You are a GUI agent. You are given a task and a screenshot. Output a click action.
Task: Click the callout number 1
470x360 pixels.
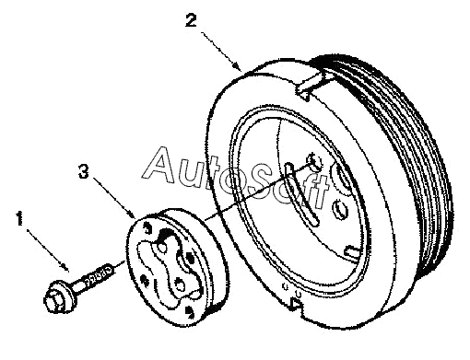tap(19, 218)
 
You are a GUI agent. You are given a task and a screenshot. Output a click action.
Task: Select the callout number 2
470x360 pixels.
tap(191, 21)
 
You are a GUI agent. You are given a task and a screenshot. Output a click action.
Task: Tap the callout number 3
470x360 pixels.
tap(84, 171)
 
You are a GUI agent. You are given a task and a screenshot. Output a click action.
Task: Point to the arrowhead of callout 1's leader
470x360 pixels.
tap(65, 267)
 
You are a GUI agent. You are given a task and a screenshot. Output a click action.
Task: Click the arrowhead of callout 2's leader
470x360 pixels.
tap(236, 65)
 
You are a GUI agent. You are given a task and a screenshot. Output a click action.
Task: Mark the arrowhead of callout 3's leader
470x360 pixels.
tap(131, 215)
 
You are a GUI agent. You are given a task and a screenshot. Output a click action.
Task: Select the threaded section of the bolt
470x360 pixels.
tap(99, 275)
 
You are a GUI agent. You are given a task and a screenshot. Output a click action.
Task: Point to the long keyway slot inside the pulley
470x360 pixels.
tap(301, 192)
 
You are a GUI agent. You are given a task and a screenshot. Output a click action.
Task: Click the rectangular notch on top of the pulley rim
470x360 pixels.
tap(310, 87)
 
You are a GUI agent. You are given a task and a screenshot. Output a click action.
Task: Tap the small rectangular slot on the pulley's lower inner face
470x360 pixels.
tap(352, 251)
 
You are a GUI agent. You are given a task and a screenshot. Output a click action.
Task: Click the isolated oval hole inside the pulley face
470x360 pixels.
tap(340, 209)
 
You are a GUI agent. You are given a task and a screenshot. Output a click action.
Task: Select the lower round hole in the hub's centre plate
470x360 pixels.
tap(180, 285)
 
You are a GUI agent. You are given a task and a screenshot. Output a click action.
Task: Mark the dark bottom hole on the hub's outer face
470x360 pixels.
tap(189, 311)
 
